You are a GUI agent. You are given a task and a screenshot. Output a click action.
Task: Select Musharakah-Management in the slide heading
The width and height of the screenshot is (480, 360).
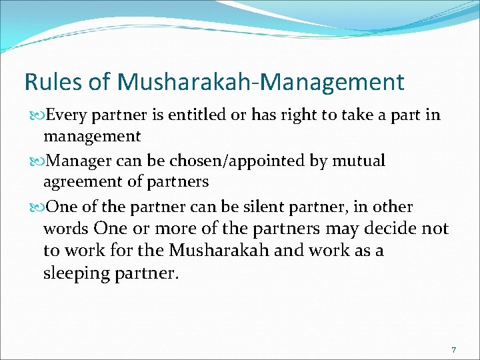tap(261, 82)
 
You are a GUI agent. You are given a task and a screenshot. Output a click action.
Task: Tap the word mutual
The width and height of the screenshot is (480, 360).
tap(360, 161)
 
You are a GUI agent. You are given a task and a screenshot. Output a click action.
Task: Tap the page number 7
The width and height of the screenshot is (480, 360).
tap(453, 349)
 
